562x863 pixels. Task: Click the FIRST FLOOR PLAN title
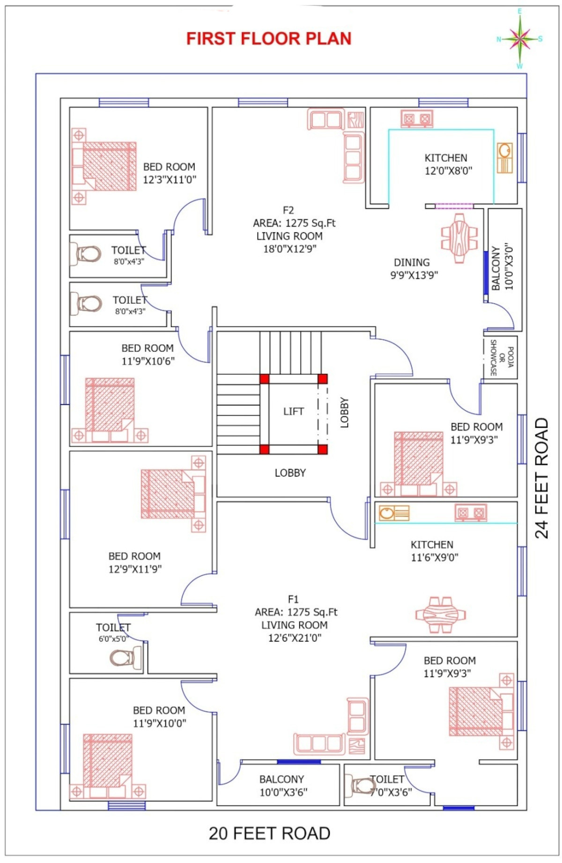pos(269,38)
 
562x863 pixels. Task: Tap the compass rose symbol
pos(519,39)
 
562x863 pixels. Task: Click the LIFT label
pos(294,411)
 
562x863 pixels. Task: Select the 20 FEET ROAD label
pos(269,833)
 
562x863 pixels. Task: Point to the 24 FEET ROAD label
pos(541,478)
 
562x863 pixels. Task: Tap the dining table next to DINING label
pos(459,238)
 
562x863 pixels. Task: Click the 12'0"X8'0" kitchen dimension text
pos(448,171)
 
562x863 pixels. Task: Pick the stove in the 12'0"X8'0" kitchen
pos(417,119)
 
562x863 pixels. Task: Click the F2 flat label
pos(288,210)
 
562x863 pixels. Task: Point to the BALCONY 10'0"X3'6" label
pos(282,785)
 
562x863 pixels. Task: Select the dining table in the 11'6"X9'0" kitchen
pos(441,614)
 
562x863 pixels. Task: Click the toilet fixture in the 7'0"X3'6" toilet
pos(357,786)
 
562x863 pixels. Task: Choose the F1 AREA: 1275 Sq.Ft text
pos(296,612)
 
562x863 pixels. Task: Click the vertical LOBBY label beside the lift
pos(345,413)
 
